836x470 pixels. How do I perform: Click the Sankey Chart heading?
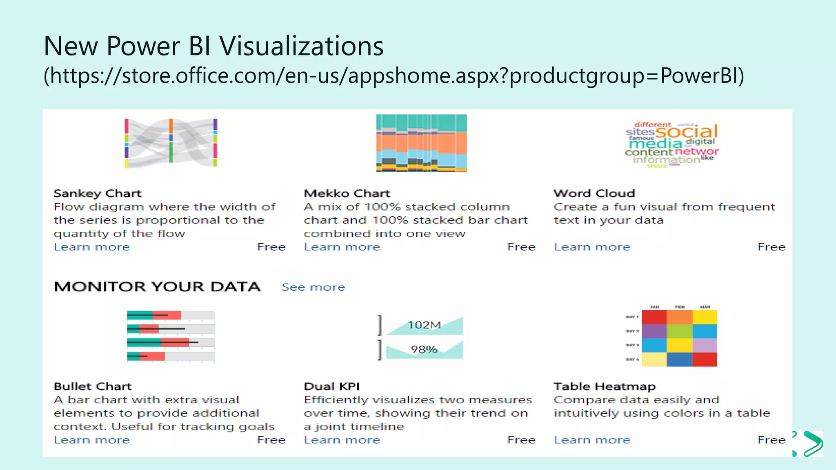coord(97,193)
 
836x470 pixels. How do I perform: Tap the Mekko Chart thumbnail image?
coord(421,143)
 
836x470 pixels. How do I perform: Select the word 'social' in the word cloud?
coord(686,132)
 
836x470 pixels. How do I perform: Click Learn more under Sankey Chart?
coord(92,247)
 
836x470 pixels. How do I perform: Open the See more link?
coord(313,287)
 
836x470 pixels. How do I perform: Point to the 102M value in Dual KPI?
coord(425,325)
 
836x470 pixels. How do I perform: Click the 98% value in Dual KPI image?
coord(424,350)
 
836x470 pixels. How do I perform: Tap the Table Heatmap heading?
coord(605,386)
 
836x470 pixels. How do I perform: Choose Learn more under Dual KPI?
coord(342,440)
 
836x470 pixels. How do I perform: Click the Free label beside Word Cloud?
coord(771,247)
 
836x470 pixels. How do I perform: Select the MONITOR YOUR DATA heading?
coord(157,287)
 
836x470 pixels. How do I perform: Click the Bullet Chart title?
coord(93,386)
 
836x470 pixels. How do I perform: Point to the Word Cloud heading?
coord(594,193)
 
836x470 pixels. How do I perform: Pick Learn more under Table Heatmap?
coord(592,440)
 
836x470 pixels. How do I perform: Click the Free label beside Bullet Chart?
coord(271,440)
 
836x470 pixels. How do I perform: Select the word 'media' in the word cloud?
coord(656,144)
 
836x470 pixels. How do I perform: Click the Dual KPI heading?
coord(332,386)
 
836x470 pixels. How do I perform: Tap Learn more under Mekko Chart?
coord(342,247)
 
